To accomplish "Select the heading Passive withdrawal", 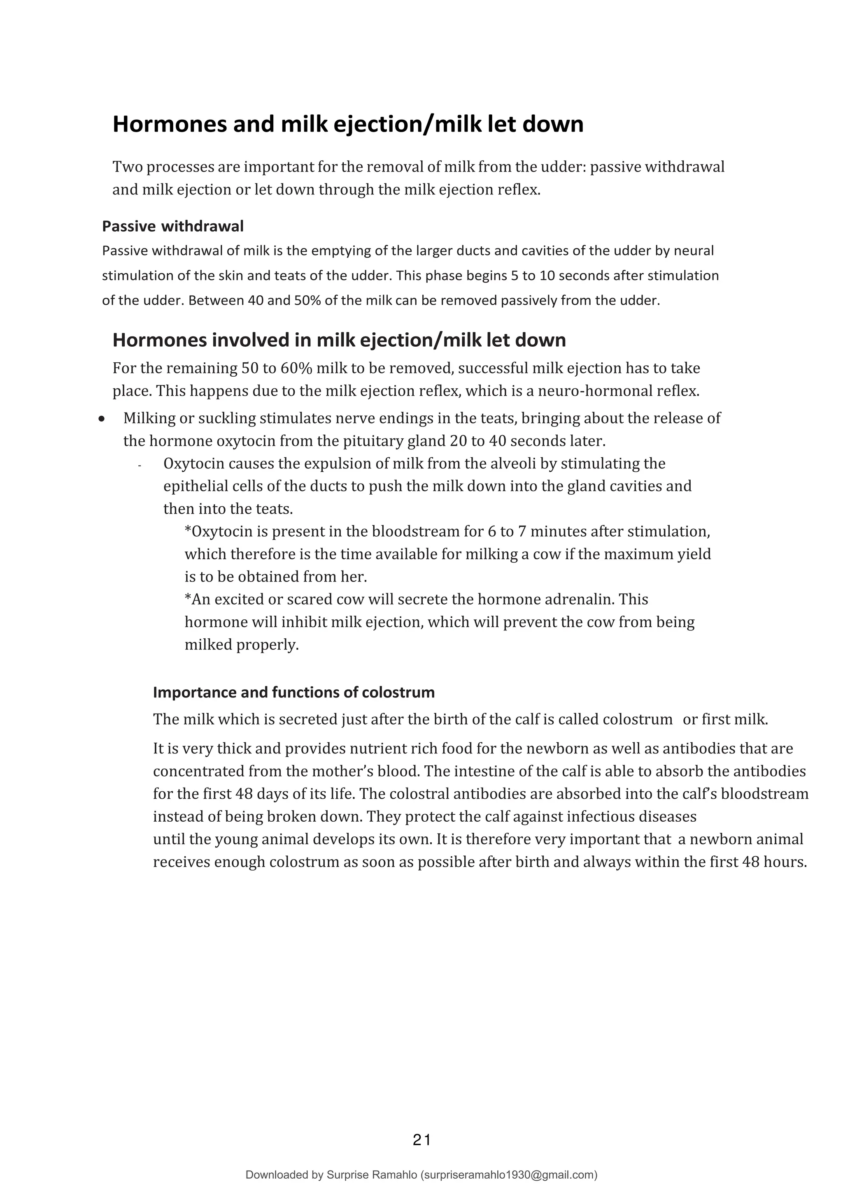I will pyautogui.click(x=173, y=226).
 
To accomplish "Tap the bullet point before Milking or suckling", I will pyautogui.click(x=102, y=418).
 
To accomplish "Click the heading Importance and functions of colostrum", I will pyautogui.click(x=294, y=692).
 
